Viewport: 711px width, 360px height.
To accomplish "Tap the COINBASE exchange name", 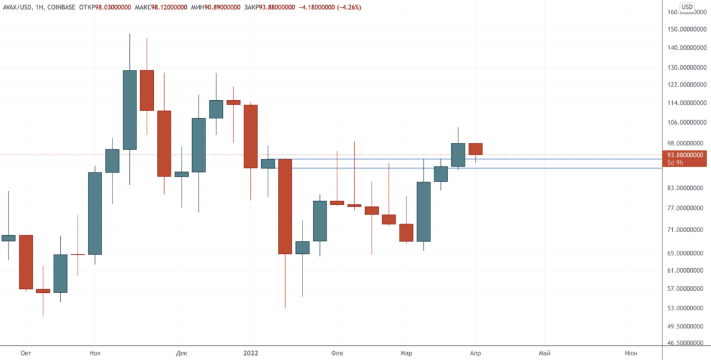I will click(70, 7).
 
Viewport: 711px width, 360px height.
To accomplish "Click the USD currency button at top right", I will click(688, 7).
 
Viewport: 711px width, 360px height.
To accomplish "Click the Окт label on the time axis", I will click(27, 353).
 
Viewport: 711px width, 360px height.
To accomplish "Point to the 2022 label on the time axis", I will click(251, 353).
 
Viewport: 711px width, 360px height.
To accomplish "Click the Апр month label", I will click(476, 353).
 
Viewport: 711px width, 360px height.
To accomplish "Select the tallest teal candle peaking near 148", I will click(130, 110).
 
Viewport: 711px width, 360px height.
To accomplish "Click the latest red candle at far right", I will click(476, 149).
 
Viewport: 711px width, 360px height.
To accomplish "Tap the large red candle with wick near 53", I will click(285, 207).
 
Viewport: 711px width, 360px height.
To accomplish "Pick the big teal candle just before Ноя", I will click(95, 213).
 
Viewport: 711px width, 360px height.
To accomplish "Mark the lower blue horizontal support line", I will click(452, 168).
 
